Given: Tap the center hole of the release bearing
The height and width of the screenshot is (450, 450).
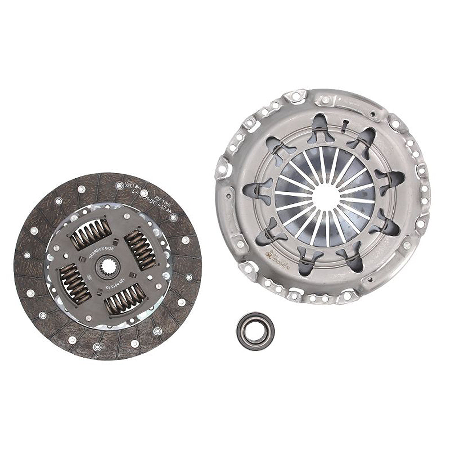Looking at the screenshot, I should [255, 329].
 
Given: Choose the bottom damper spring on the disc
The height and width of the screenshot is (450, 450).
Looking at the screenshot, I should [125, 299].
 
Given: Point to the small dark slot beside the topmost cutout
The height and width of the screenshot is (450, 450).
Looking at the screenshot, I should [343, 125].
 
